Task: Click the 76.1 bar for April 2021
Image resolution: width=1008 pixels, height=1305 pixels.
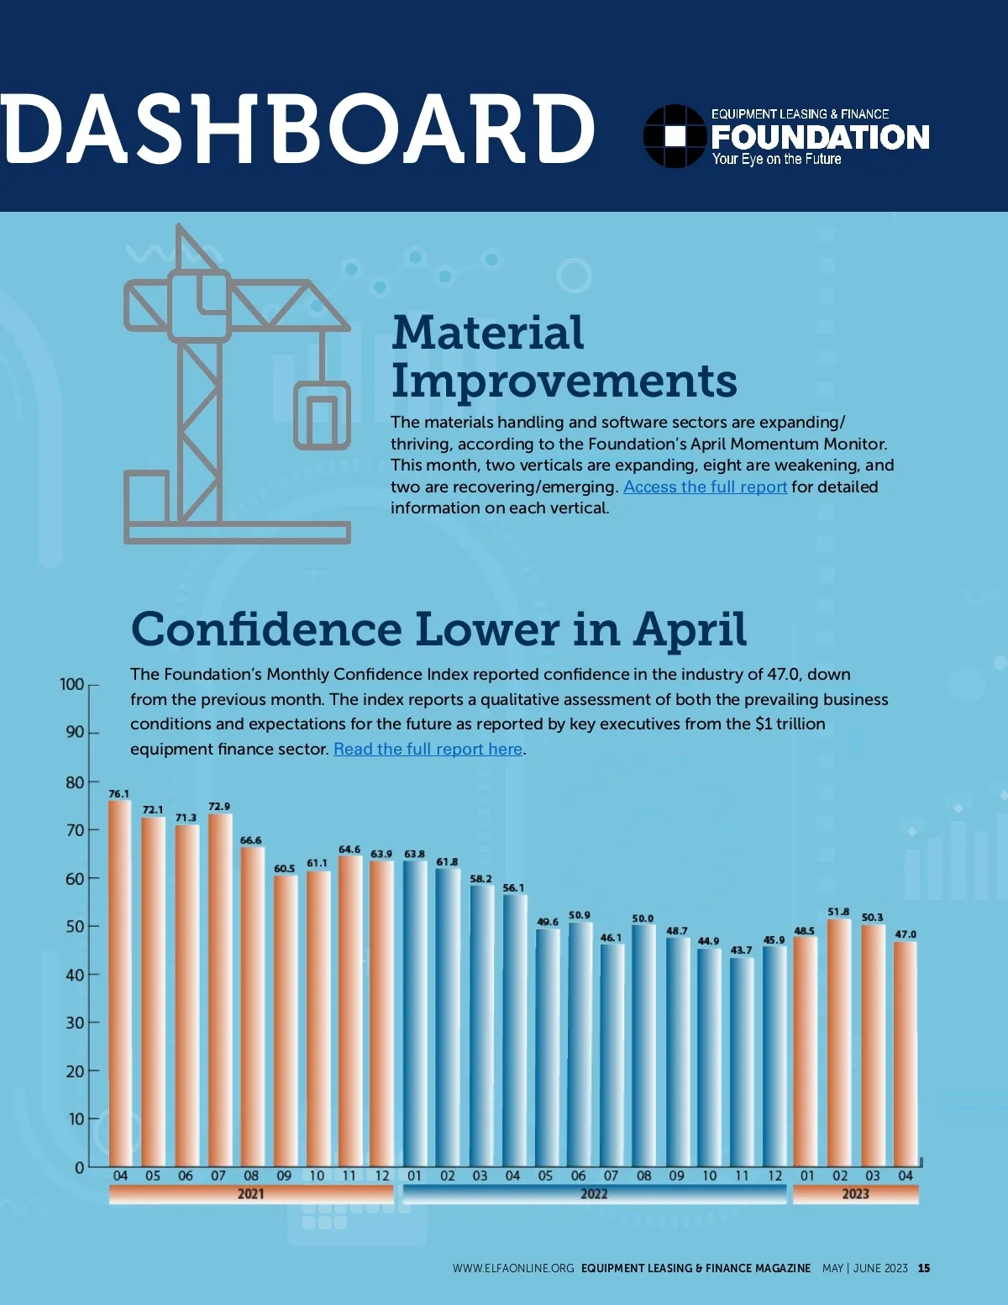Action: point(120,983)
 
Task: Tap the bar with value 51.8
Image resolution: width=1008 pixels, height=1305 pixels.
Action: point(839,1042)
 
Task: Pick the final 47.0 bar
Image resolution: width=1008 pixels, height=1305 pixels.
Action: point(905,1054)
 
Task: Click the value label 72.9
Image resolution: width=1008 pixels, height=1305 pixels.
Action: point(219,807)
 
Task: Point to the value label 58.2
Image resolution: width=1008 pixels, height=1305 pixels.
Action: point(481,879)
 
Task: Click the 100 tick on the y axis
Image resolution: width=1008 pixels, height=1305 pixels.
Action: point(72,684)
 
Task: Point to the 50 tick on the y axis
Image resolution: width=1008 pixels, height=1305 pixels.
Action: point(76,927)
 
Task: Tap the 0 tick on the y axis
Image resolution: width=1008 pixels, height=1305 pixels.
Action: point(80,1168)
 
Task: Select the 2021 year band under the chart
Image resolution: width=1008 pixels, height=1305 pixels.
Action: point(251,1194)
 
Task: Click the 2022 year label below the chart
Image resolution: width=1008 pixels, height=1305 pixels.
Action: point(594,1194)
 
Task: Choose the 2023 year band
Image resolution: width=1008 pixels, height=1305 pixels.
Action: point(855,1194)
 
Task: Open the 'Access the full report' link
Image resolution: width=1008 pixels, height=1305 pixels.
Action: point(705,487)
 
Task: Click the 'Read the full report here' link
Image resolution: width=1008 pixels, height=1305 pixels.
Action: point(428,750)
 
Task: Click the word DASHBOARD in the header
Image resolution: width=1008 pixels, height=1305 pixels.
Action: point(298,129)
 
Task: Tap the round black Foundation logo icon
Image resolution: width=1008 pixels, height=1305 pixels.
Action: point(675,136)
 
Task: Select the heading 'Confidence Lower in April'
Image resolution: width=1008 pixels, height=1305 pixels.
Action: point(438,629)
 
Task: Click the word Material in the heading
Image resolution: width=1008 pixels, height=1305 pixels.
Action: point(487,333)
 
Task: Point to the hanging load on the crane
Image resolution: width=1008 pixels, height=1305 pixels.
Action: point(322,415)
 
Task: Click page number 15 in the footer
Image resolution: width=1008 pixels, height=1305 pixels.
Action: point(924,1268)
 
